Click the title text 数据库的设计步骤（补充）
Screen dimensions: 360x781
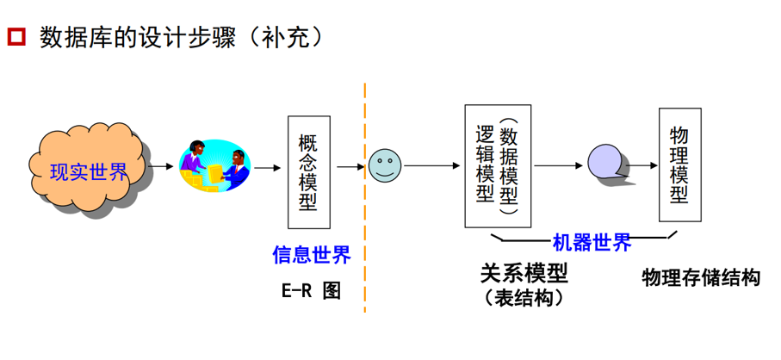[181, 38]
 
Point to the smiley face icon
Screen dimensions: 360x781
[385, 164]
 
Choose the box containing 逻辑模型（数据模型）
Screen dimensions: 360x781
[498, 166]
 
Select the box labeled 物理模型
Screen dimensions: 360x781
[679, 164]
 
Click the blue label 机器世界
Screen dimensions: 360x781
[592, 242]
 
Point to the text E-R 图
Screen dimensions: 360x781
[311, 290]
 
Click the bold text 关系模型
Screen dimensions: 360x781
[524, 274]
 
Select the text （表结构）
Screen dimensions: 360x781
[524, 298]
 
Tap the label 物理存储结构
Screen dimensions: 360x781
[701, 277]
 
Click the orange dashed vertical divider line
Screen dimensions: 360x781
[364, 198]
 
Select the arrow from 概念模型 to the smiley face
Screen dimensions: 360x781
[349, 166]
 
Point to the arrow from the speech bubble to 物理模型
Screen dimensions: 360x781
[642, 163]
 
